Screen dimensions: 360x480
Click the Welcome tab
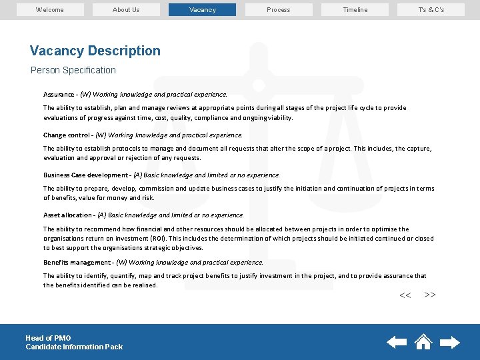(x=50, y=10)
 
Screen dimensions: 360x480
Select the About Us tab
(x=126, y=10)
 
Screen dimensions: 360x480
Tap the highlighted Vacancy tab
(x=202, y=10)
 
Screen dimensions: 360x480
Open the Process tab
(x=278, y=10)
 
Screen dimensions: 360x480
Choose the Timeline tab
(x=355, y=10)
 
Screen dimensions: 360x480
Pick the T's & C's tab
(x=431, y=10)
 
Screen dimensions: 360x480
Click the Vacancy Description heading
(x=95, y=51)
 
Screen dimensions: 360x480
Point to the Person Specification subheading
(x=73, y=70)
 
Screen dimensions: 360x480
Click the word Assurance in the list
(x=59, y=95)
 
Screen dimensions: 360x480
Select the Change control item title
(x=67, y=135)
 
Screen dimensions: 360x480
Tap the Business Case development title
(x=85, y=175)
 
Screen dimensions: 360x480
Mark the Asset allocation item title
(x=67, y=215)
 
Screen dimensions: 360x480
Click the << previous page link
(x=405, y=295)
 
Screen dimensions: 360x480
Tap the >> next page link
(x=430, y=295)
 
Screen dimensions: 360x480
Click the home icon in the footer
(x=423, y=342)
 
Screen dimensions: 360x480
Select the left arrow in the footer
(x=397, y=342)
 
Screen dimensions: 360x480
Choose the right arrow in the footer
(x=450, y=342)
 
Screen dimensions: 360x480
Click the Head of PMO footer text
(x=48, y=338)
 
